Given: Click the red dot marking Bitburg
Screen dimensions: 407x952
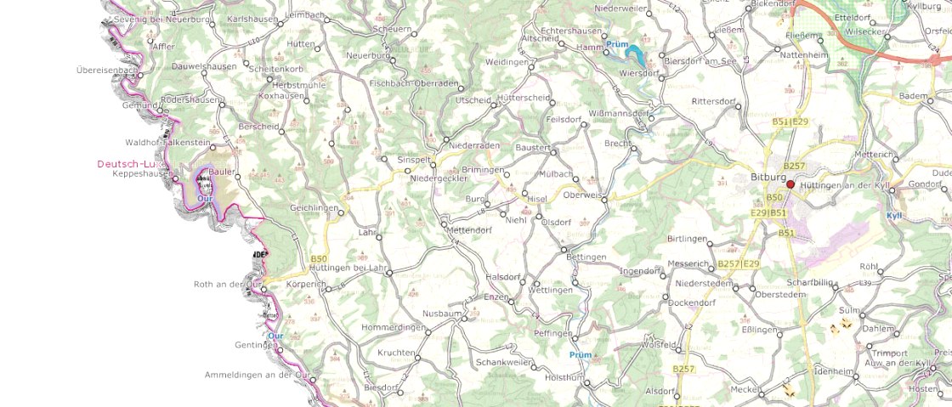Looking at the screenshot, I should pyautogui.click(x=790, y=184).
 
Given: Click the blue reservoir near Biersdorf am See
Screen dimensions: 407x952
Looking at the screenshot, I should pyautogui.click(x=634, y=55).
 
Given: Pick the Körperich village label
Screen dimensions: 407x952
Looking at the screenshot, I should pyautogui.click(x=308, y=283).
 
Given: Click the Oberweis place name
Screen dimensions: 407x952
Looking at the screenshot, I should pyautogui.click(x=582, y=195).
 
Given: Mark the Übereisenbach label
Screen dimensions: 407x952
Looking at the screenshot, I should pyautogui.click(x=106, y=70).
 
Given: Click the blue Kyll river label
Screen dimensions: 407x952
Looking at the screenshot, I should pyautogui.click(x=893, y=215).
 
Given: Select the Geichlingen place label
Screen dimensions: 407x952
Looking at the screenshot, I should pyautogui.click(x=314, y=207).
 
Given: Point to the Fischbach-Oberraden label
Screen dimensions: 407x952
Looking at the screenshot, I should pyautogui.click(x=414, y=83).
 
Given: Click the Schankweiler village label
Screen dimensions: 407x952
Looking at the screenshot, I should pyautogui.click(x=504, y=361).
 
